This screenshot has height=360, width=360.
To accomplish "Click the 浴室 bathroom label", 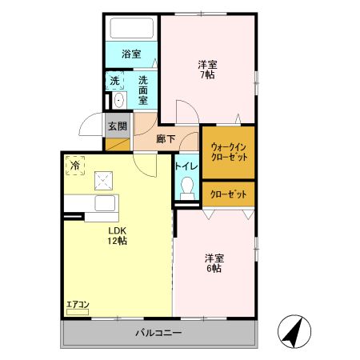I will point(131,54).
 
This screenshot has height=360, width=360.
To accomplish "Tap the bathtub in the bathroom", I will point(132,30).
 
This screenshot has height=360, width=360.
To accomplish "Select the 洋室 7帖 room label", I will point(208,69).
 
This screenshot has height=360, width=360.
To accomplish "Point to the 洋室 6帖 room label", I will point(213,262).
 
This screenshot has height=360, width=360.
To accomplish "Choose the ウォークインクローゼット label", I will point(228,152).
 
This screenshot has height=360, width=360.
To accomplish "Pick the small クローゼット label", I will point(228,194).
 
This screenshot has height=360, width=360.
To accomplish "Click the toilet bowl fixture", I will point(187,189).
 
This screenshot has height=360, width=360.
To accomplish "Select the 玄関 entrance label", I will point(117,126).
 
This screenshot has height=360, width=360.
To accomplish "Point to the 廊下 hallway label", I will point(166,138).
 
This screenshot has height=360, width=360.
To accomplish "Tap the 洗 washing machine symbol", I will point(115,80).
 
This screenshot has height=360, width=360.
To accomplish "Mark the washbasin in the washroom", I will point(118,100).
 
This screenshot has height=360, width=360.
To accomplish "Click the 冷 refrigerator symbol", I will point(74,166).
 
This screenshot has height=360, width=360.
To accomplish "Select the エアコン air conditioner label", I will point(78,304).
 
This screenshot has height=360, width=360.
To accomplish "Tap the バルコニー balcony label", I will point(158,333).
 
